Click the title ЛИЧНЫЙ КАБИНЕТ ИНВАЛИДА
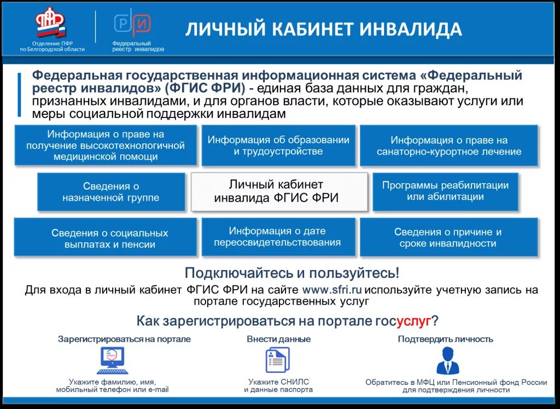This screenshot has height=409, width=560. pos(323,29)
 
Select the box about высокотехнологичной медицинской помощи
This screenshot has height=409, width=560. pos(105,145)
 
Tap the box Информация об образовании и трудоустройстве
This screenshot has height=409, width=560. pos(278,145)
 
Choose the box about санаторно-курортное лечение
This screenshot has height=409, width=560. pos(448,146)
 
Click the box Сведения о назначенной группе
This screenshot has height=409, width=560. pos(111,192)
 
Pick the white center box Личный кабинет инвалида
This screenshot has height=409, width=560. pos(279,191)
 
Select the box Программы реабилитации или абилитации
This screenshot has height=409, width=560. pos(445,191)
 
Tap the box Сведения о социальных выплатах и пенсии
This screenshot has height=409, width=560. pos(105,238)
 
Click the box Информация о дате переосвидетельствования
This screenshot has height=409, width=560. pos(278,237)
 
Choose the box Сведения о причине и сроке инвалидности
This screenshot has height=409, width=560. pos(448,238)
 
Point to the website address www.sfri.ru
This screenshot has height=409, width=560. pos(332,290)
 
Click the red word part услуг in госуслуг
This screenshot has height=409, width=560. pos(414,320)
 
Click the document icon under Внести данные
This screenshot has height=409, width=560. pos(277,361)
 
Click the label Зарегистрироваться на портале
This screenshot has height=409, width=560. pos(124,339)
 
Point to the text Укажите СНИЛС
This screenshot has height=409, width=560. pos(278,382)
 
